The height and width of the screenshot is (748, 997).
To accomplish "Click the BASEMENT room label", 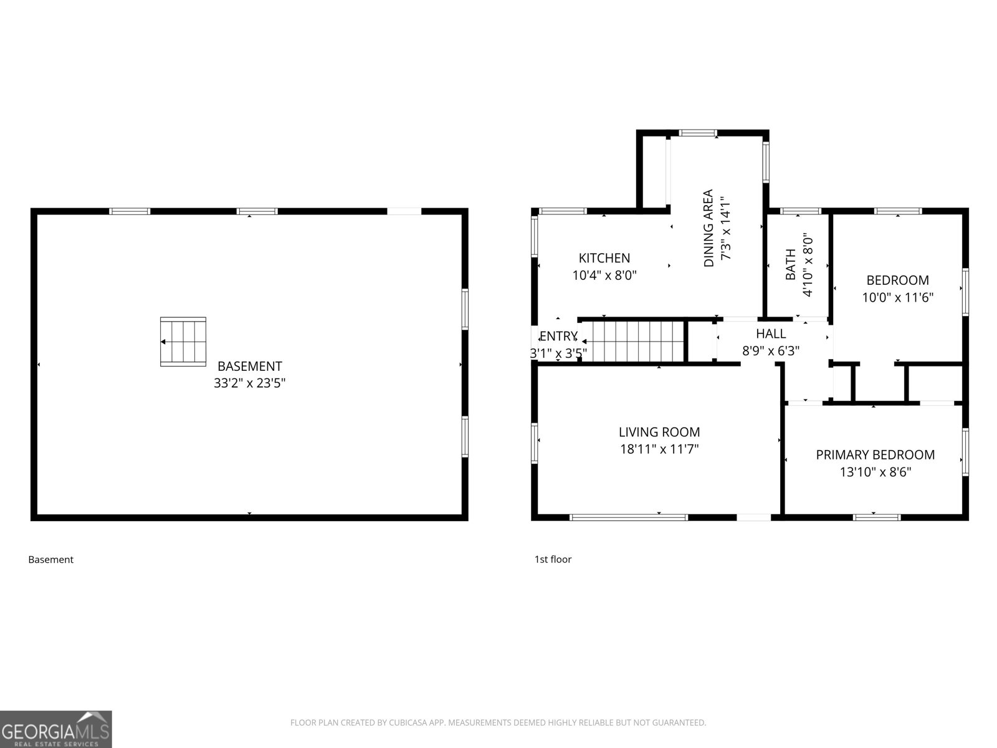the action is [x=249, y=366].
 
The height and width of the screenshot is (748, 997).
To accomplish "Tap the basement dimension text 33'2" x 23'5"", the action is [x=249, y=383].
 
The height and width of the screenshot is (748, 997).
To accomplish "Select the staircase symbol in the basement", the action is [x=183, y=342].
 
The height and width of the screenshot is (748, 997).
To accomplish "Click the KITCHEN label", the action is [x=604, y=258].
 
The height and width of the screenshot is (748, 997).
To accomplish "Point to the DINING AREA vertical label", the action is [x=708, y=228].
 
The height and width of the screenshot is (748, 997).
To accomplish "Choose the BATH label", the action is [x=791, y=264].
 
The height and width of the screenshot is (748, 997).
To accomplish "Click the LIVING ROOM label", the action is [x=659, y=432].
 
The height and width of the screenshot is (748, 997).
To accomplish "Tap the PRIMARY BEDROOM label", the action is [x=875, y=454].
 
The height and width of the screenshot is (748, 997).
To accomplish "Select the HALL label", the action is [x=771, y=334].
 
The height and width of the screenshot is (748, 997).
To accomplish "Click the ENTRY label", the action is [x=558, y=336].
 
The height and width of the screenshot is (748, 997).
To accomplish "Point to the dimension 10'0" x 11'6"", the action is [x=897, y=297].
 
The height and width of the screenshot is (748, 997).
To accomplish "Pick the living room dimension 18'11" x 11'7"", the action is [x=659, y=449].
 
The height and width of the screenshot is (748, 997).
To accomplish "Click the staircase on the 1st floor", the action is [x=632, y=342].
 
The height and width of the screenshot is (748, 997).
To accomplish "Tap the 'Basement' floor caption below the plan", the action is [x=51, y=560].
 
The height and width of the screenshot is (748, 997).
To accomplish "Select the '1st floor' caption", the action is [x=553, y=560].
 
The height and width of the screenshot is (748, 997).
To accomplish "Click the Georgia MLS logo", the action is [x=56, y=729].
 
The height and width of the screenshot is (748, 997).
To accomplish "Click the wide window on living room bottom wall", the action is [x=629, y=517].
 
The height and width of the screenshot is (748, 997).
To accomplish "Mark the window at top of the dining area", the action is [x=698, y=133].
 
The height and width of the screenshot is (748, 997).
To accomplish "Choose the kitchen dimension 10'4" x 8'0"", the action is [x=604, y=276].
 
